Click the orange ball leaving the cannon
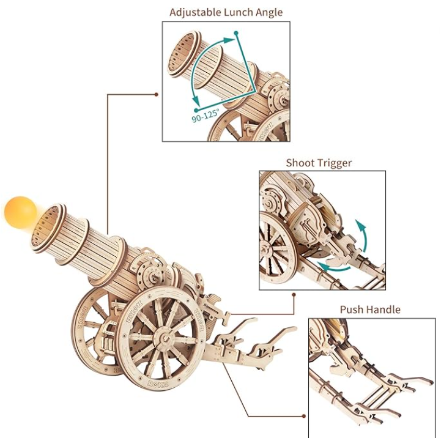pos(20,213)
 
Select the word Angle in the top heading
pos(270,13)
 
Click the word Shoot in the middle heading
pos(300,163)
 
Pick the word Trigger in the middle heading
pos(335,164)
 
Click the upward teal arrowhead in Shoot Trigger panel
pos(361,225)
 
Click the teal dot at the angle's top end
pos(236,33)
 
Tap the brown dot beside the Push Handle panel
pos(303,416)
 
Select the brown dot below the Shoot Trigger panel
pos(294,295)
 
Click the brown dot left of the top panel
pos(157,95)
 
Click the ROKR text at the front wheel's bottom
pos(158,383)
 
